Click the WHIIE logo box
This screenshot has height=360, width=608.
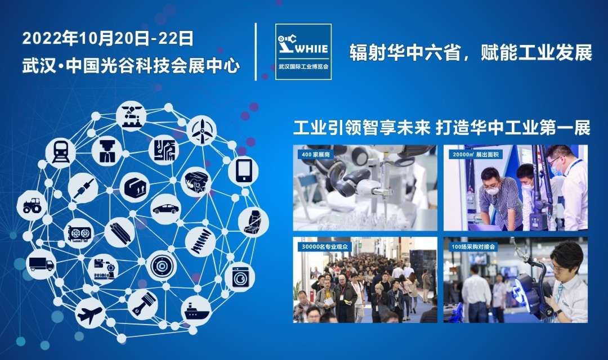coord(303,52)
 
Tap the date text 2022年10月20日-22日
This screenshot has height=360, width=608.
coord(108,39)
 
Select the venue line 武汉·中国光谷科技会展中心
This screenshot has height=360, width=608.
coord(131,66)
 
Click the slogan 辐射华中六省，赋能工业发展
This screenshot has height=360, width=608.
coord(471,53)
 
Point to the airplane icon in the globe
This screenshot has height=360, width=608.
coord(90,313)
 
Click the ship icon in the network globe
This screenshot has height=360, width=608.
coord(196,311)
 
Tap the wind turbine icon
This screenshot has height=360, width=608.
coord(202,130)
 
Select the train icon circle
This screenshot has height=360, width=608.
coord(60,152)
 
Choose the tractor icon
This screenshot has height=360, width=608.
coord(32,205)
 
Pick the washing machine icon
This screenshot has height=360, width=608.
coord(240,277)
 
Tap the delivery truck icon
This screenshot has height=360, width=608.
coord(41,264)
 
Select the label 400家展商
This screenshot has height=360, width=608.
coord(316,155)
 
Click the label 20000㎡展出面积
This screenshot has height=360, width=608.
coord(475,155)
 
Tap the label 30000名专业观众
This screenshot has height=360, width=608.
coord(325,246)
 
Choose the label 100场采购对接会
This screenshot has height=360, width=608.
coord(473,246)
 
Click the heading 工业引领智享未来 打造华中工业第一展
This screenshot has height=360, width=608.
coord(442,128)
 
